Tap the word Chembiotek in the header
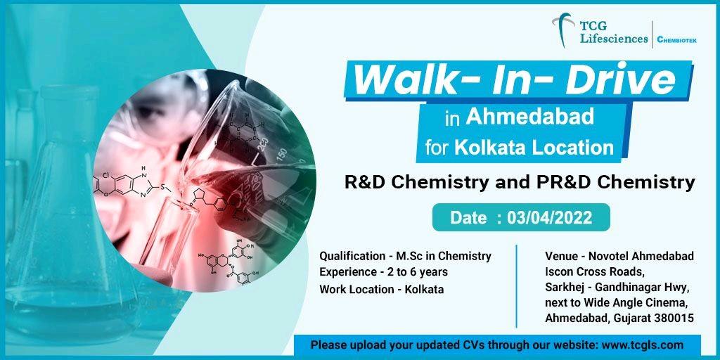[x=677, y=40]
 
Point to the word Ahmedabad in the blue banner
[x=530, y=117]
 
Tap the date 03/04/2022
[x=549, y=218]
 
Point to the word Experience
[x=347, y=272]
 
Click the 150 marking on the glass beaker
[x=281, y=154]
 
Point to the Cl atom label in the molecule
[x=106, y=176]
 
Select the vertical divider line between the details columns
[x=517, y=286]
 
